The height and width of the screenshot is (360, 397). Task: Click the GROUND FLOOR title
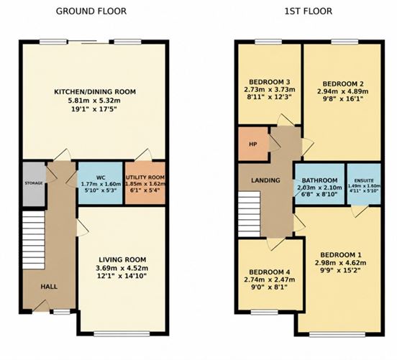91,11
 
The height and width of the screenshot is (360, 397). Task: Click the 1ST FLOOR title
308,11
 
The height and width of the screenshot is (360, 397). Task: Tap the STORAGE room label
34,183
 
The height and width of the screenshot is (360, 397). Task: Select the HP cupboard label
253,144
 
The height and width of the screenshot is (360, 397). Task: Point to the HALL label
49,287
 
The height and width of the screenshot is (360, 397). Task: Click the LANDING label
265,180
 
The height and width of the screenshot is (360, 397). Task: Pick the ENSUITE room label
364,180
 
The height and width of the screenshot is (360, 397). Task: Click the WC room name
101,177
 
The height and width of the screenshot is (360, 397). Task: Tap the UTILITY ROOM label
145,177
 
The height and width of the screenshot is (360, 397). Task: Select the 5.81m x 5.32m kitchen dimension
94,101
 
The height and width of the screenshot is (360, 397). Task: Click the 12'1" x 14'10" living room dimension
122,276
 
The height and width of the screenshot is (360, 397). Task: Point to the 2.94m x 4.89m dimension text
343,91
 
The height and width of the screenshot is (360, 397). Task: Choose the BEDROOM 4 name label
270,272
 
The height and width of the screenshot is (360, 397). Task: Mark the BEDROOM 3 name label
270,82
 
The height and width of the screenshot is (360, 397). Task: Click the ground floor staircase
34,240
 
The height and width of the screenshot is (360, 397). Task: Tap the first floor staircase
250,214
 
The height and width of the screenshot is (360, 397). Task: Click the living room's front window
122,334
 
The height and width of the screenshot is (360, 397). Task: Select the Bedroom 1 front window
337,334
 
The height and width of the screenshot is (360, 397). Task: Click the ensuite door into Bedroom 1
360,211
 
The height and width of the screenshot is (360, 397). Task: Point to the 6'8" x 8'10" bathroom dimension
319,195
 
